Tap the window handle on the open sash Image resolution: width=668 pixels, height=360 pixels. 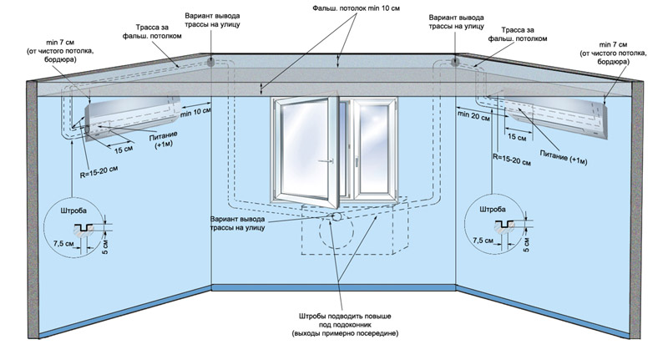tap(326, 161)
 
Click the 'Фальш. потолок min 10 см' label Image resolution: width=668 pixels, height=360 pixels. tap(357, 8)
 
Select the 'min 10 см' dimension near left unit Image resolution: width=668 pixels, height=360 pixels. tap(195, 113)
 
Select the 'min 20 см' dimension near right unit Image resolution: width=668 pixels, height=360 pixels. tap(473, 115)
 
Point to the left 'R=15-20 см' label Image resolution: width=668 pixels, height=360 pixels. tap(99, 172)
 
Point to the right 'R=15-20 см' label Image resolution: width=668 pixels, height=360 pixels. tap(512, 160)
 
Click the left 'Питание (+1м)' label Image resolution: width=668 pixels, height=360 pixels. tap(164, 140)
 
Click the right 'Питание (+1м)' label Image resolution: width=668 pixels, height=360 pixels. tap(564, 157)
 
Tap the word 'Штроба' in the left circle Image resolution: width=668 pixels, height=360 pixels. tap(73, 210)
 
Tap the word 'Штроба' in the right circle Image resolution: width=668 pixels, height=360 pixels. tap(493, 209)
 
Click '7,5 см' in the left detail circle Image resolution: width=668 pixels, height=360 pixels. tap(63, 243)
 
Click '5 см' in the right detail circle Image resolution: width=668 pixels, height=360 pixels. tap(526, 245)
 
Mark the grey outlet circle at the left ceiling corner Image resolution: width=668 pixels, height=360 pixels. tap(211, 62)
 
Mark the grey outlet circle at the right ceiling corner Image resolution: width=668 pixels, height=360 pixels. tap(455, 62)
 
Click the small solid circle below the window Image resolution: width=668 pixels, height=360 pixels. tap(337, 216)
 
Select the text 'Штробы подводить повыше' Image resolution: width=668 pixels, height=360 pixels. tap(345, 317)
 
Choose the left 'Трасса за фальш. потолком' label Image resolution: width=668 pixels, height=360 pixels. tap(152, 32)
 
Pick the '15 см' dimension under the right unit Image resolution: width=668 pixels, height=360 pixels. tap(517, 137)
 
